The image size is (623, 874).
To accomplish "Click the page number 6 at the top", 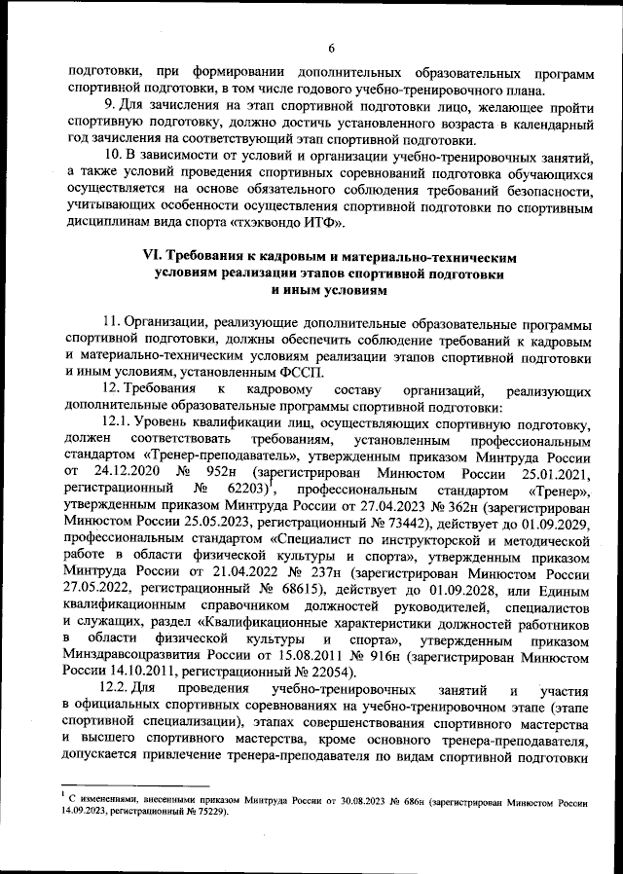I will click(x=331, y=49).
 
